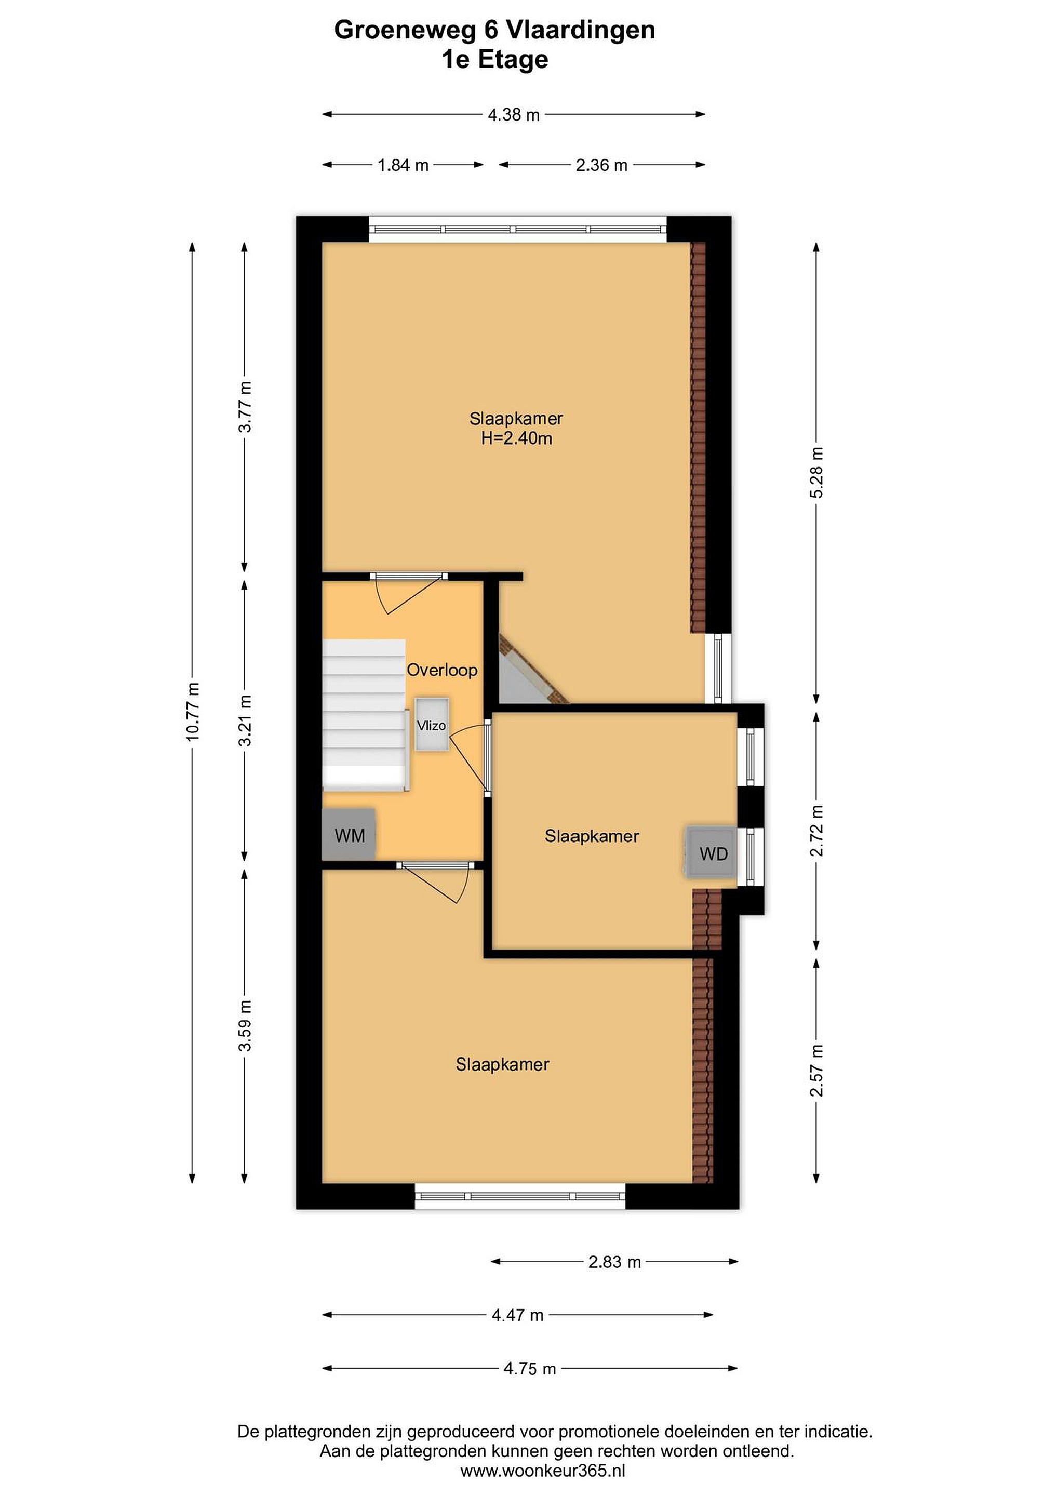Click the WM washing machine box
tap(349, 835)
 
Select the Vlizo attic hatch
tap(432, 725)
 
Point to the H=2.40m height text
tap(517, 438)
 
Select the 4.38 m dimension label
tap(514, 115)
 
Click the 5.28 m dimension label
tap(816, 472)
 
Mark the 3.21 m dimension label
tap(245, 720)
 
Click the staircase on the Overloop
tap(365, 715)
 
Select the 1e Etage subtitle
tap(494, 60)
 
